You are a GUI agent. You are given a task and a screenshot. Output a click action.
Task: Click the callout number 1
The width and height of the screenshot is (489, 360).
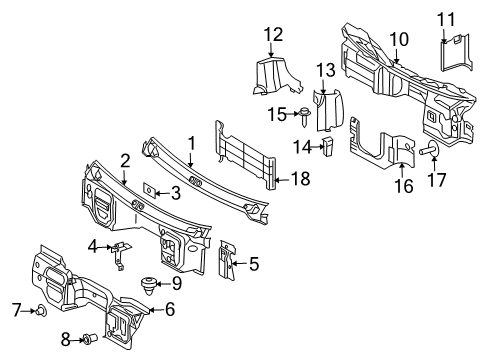click(x=190, y=144)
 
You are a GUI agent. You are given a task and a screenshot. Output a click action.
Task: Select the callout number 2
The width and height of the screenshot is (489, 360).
click(x=125, y=159)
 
